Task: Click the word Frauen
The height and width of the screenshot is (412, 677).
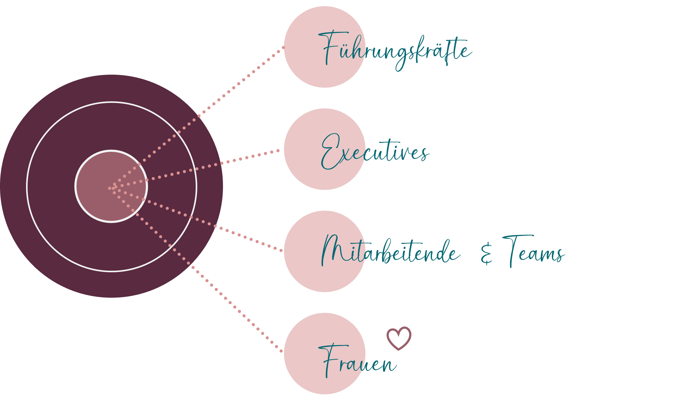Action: [x=358, y=361]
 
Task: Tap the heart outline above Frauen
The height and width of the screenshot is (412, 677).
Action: [x=399, y=338]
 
